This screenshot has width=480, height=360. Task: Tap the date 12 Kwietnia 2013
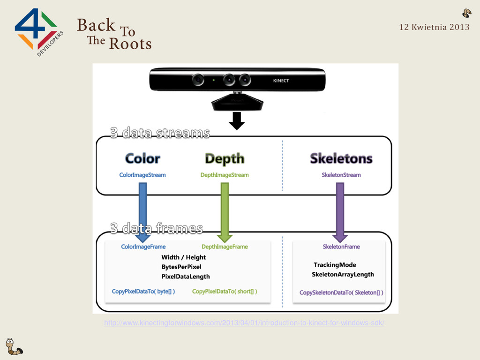click(x=434, y=27)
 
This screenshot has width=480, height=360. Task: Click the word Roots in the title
click(x=130, y=44)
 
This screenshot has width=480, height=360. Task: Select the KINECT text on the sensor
click(x=281, y=81)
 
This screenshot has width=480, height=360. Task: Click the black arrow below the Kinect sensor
click(x=237, y=120)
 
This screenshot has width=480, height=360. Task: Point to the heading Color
click(x=142, y=158)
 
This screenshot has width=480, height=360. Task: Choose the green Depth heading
click(x=225, y=159)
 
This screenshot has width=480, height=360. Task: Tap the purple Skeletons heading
click(x=341, y=158)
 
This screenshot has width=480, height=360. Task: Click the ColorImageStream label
click(x=142, y=175)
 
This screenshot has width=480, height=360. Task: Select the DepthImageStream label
click(x=225, y=175)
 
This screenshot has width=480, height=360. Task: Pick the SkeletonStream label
click(x=341, y=175)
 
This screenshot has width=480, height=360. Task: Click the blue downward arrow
click(x=142, y=211)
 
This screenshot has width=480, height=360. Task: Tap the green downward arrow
click(x=225, y=211)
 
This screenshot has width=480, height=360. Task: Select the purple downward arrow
click(x=340, y=211)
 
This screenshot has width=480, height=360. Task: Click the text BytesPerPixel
click(x=181, y=267)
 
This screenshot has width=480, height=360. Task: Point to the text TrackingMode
click(x=335, y=265)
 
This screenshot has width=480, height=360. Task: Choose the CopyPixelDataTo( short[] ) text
click(x=225, y=291)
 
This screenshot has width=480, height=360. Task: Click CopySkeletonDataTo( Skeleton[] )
click(x=341, y=292)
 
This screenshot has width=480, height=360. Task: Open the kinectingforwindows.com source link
click(x=244, y=323)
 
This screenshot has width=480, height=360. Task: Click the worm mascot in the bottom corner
click(x=13, y=346)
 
